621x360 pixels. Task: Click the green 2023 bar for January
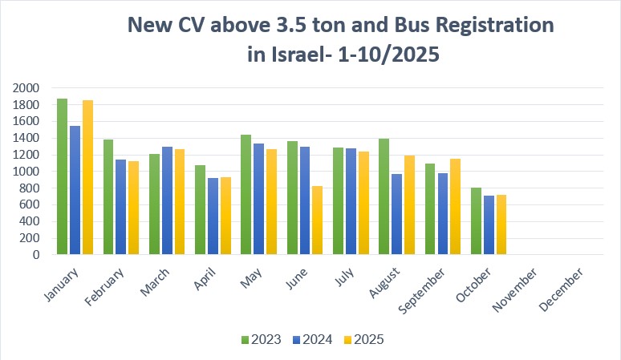[62, 176]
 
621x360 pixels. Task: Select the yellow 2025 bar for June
[318, 220]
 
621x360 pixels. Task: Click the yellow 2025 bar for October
[501, 224]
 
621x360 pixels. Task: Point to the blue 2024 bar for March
[167, 200]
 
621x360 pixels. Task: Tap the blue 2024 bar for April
[213, 216]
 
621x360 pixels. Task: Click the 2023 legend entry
[260, 339]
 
